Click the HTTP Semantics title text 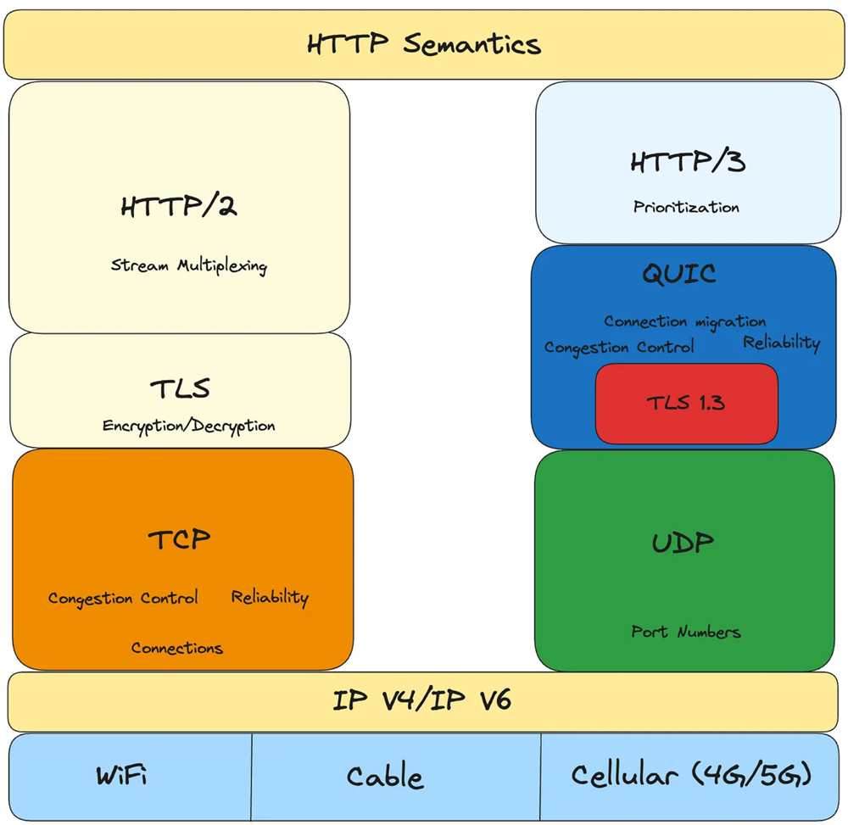pos(423,44)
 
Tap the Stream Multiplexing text pos(188,266)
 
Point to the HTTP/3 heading pos(687,162)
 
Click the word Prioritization pos(686,207)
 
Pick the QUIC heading pos(678,273)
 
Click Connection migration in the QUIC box pos(684,322)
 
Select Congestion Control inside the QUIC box pos(618,348)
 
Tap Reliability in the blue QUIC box pos(781,343)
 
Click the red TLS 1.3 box pos(686,404)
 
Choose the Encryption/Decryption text pos(188,426)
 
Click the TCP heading pos(179,538)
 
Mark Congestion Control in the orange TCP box pos(122,599)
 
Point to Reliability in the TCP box pos(270,598)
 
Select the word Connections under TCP pos(176,649)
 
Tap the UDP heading pos(683,543)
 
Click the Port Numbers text pos(685,632)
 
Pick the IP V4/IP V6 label pos(421,701)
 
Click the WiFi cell pos(127,776)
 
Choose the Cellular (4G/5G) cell pos(692,776)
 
